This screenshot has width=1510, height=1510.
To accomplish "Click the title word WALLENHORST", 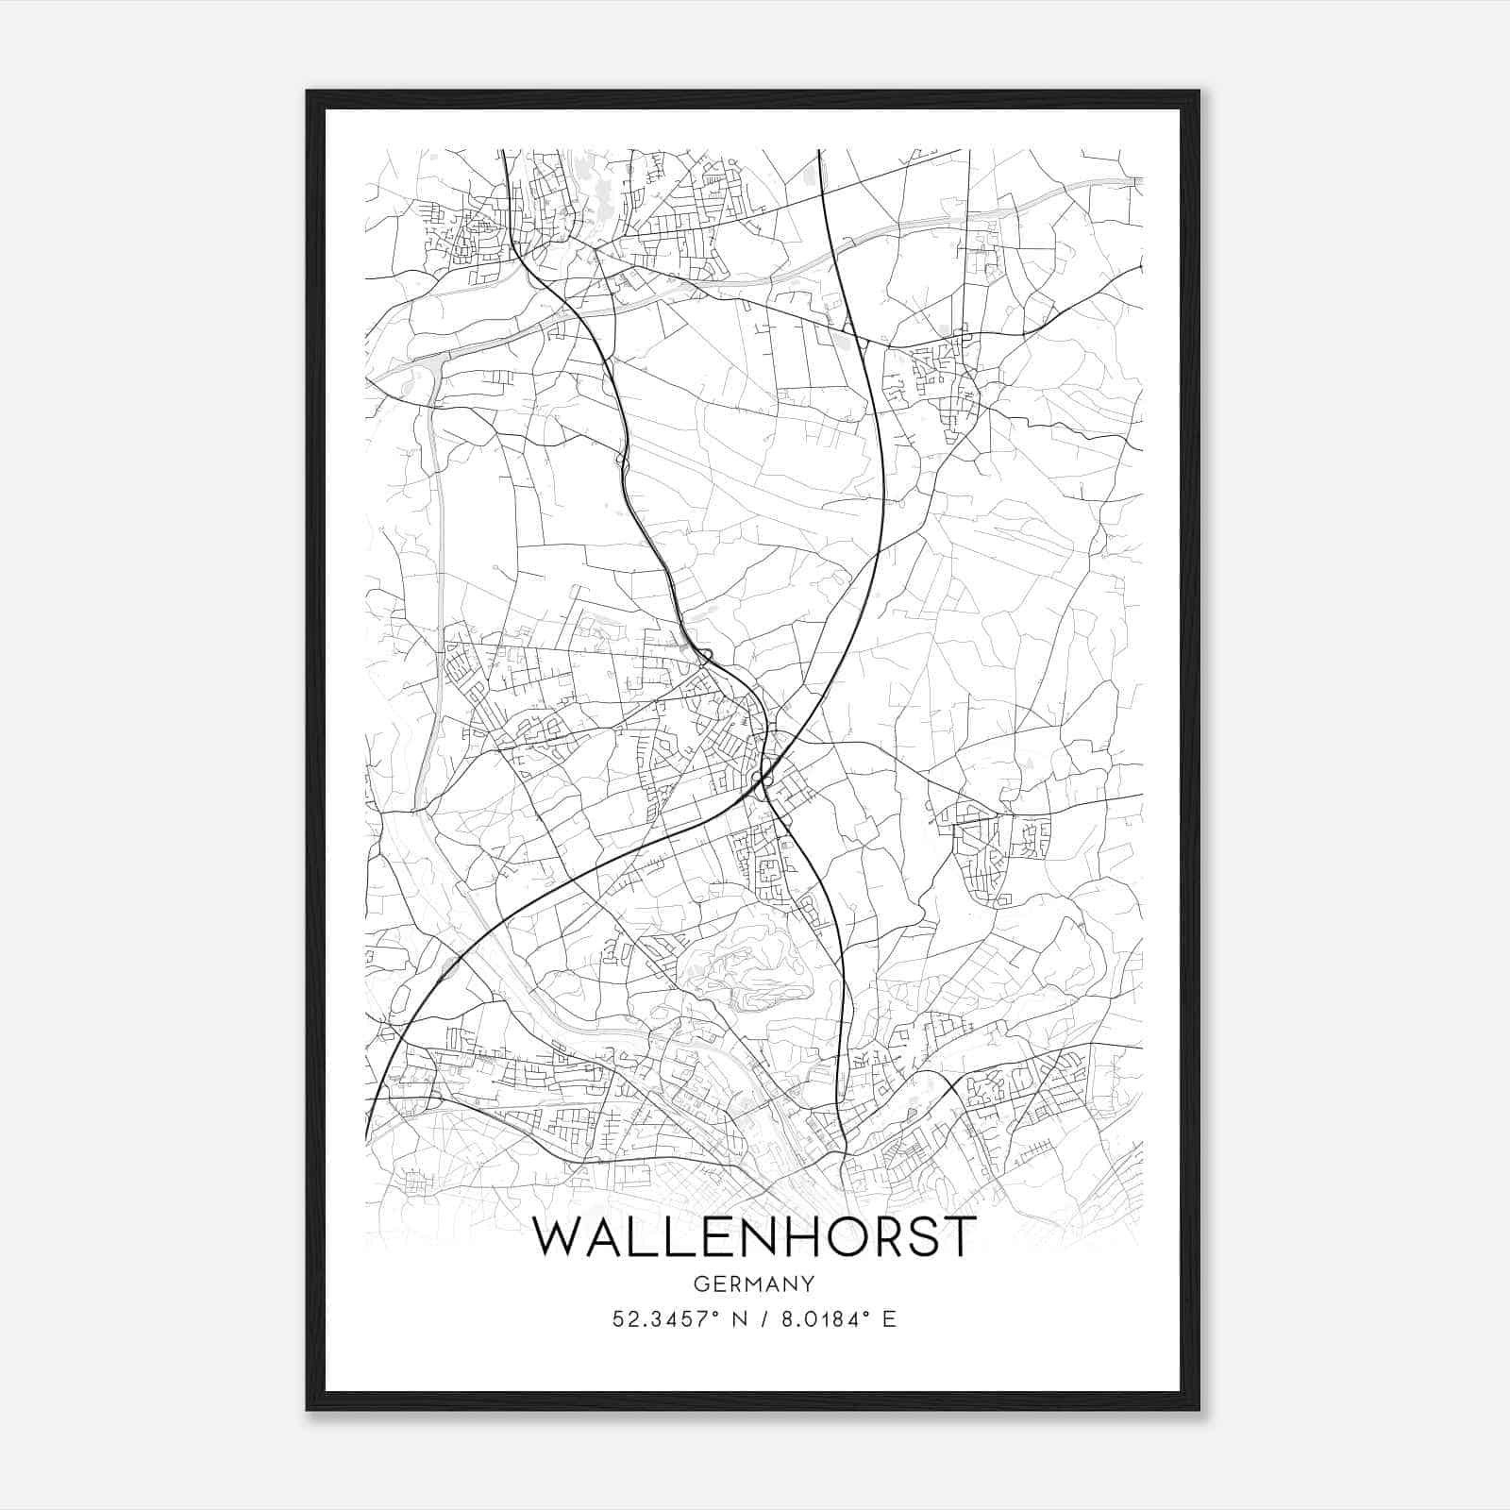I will click(752, 1236).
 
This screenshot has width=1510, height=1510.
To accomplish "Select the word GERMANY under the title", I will click(753, 1283).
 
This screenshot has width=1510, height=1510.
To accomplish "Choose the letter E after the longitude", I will click(888, 1319).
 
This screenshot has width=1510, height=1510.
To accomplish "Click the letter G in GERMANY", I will click(699, 1283).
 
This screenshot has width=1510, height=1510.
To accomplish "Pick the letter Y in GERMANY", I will click(808, 1283).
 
